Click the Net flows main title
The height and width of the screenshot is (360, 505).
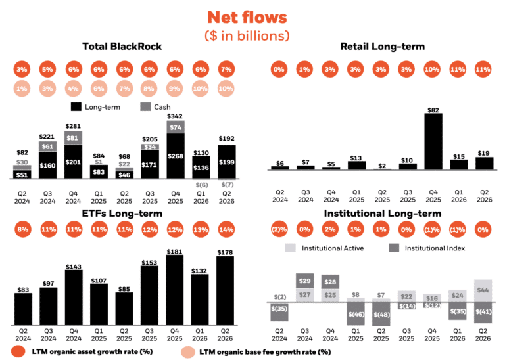(247, 17)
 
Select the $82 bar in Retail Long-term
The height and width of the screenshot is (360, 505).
(433, 141)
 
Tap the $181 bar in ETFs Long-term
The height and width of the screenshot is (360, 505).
(174, 290)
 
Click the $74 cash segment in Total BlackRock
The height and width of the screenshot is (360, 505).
(176, 127)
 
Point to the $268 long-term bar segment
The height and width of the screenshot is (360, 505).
(176, 156)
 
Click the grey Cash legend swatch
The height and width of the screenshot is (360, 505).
(145, 107)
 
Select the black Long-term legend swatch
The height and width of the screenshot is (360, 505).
(76, 107)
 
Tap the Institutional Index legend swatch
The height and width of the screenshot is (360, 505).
(394, 248)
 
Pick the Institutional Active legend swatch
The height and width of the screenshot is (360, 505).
(290, 248)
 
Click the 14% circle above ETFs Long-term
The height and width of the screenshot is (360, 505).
(226, 229)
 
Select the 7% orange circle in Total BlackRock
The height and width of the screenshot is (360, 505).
(226, 69)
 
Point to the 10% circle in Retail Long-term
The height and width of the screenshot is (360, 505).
(432, 69)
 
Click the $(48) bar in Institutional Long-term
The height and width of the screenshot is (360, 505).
(381, 314)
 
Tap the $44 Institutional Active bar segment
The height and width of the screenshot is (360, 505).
(483, 290)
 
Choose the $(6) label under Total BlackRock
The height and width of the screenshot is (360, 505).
(202, 185)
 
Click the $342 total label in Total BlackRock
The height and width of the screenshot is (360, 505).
(175, 116)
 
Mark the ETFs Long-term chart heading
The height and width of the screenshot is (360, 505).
(122, 214)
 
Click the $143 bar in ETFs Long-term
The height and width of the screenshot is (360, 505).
(74, 298)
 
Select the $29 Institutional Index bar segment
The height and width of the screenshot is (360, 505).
(304, 281)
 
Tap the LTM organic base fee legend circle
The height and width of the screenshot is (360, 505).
(188, 352)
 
